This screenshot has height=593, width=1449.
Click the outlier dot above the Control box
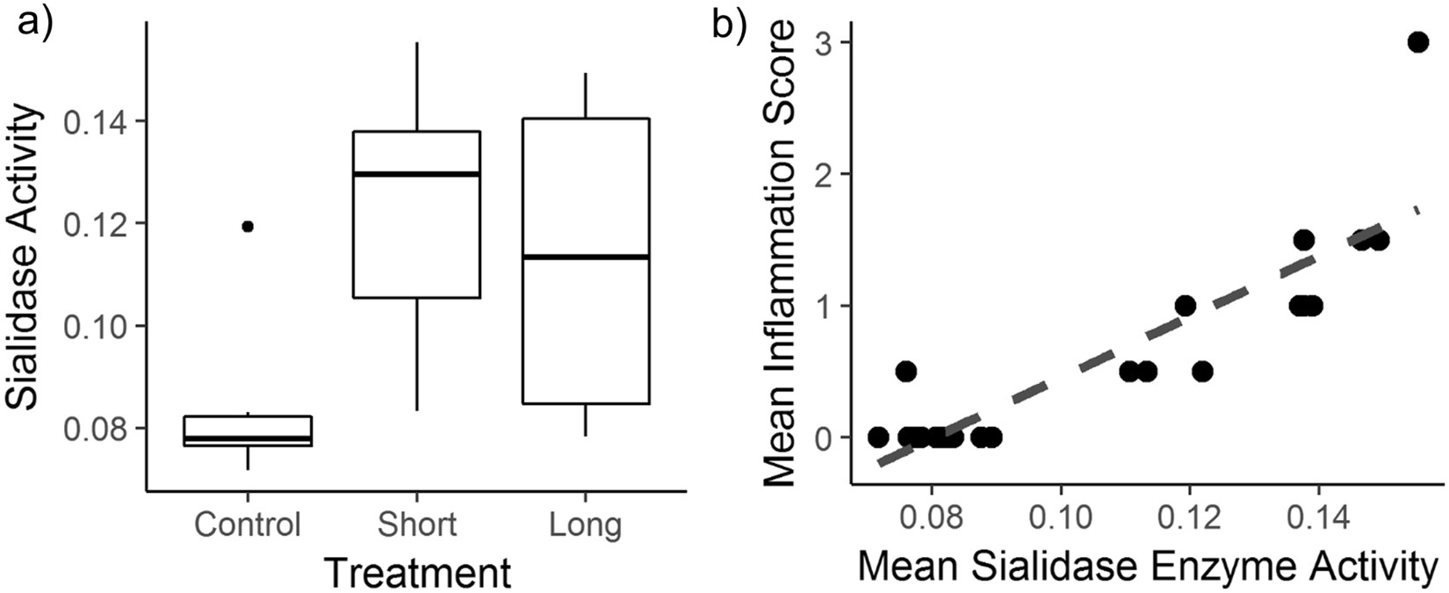point(248,227)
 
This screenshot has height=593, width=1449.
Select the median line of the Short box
point(416,174)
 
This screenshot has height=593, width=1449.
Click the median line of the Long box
point(586,257)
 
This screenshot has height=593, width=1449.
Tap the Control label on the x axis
point(248,524)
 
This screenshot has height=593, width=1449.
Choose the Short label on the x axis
point(416,524)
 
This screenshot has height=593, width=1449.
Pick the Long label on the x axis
point(586,524)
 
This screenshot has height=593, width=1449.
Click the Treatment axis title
point(417,572)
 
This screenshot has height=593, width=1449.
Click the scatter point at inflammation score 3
point(1417,42)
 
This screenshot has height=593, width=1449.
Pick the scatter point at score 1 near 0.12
point(1185,306)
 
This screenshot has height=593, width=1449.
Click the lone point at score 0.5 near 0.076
point(905,372)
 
